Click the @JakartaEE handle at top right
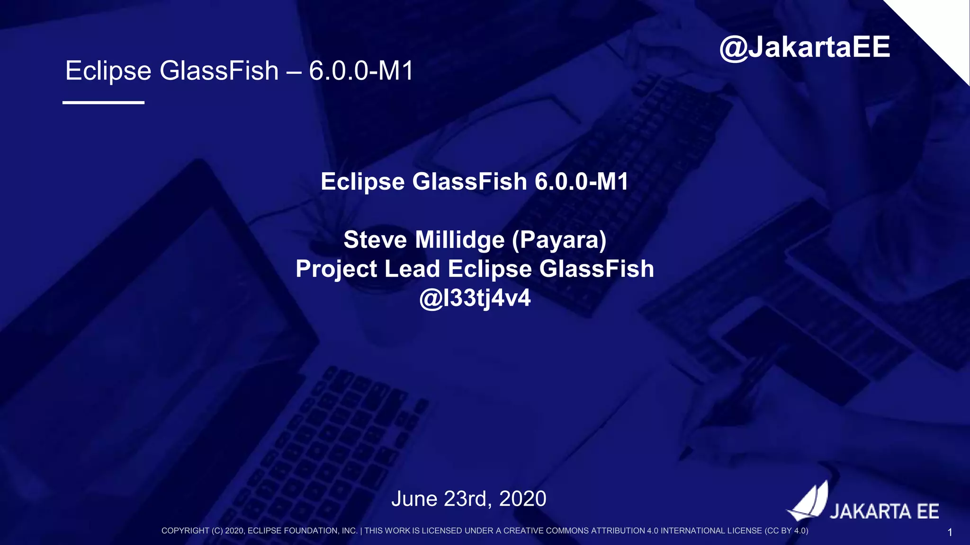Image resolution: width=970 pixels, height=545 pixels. [805, 47]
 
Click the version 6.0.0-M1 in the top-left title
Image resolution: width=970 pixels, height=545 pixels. [361, 71]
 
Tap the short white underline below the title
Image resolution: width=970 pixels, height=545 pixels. [103, 102]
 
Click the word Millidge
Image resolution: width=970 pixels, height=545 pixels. [459, 240]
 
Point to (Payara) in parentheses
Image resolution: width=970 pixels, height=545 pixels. [559, 240]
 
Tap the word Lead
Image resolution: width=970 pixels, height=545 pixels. [412, 269]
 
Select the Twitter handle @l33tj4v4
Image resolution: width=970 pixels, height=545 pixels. [475, 298]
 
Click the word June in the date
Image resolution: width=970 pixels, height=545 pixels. [414, 499]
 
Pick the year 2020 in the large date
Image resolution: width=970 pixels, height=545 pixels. [522, 499]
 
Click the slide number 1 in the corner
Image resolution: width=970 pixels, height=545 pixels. [950, 533]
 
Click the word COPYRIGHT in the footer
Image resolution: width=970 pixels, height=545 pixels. [185, 531]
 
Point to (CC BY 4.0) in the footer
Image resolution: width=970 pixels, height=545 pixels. [786, 531]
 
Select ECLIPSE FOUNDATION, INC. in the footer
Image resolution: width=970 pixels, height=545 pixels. [302, 531]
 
